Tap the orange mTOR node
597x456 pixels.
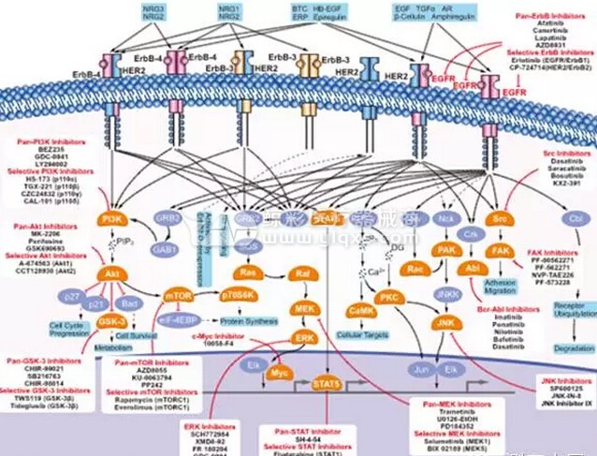[178, 295]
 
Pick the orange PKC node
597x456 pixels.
[388, 297]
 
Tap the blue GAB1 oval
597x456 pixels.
[165, 252]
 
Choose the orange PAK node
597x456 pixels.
[445, 250]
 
